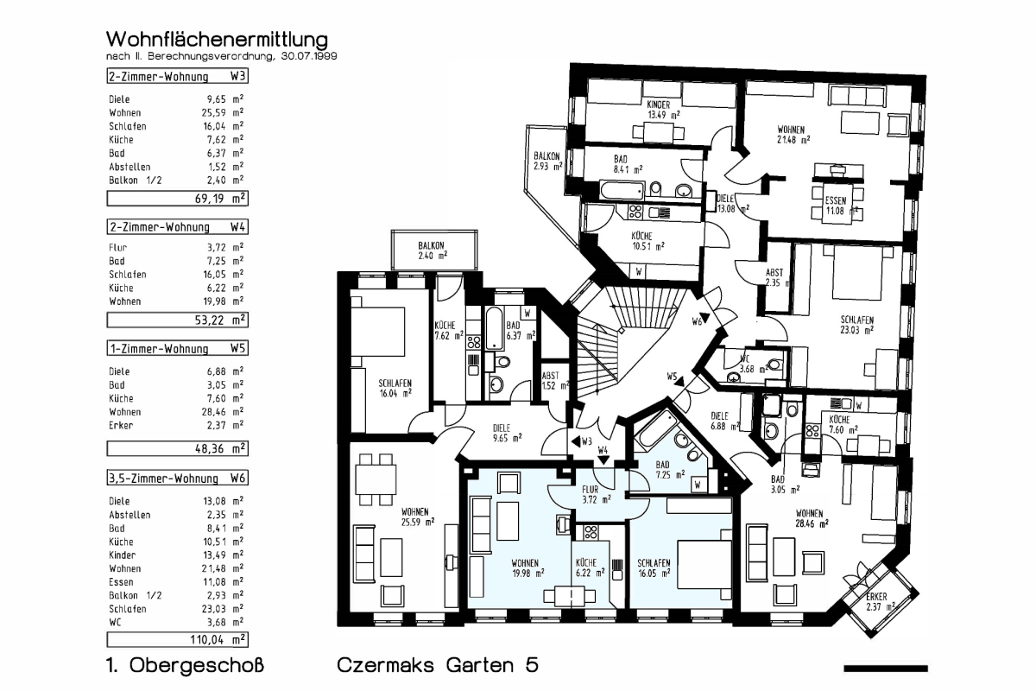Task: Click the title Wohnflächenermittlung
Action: point(217,40)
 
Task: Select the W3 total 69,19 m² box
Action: point(176,198)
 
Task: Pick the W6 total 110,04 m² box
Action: point(176,640)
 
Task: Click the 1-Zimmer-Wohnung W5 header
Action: point(176,349)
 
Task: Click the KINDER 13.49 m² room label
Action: point(663,109)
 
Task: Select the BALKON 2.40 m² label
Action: point(433,250)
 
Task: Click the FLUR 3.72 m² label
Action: point(596,494)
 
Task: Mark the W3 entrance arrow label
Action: point(581,441)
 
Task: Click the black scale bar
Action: point(885,668)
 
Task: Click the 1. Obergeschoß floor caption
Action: point(183,666)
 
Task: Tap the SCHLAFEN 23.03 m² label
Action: point(856,324)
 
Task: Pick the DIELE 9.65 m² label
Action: point(507,432)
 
